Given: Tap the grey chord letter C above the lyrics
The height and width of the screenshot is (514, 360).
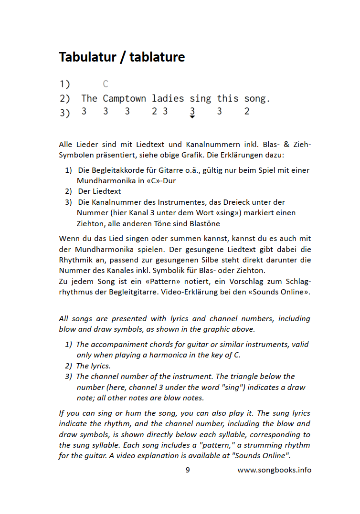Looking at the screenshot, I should tap(106, 84).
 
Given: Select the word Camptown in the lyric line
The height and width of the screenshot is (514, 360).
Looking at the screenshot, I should tap(124, 99).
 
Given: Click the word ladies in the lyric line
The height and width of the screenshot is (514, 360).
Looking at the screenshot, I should tap(168, 99).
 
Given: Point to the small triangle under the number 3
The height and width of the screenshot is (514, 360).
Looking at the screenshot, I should tap(192, 117).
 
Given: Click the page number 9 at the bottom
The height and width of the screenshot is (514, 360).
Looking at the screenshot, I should tap(188, 470).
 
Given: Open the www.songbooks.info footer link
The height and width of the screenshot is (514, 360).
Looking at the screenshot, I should tap(275, 470).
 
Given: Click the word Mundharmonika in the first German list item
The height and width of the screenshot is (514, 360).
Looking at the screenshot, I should tap(102, 181).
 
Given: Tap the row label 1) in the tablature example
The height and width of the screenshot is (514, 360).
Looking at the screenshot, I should tap(64, 84).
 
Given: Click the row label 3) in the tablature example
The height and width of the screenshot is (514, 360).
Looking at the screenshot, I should tap(64, 113).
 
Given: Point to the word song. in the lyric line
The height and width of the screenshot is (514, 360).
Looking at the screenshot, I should tap(257, 99).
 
